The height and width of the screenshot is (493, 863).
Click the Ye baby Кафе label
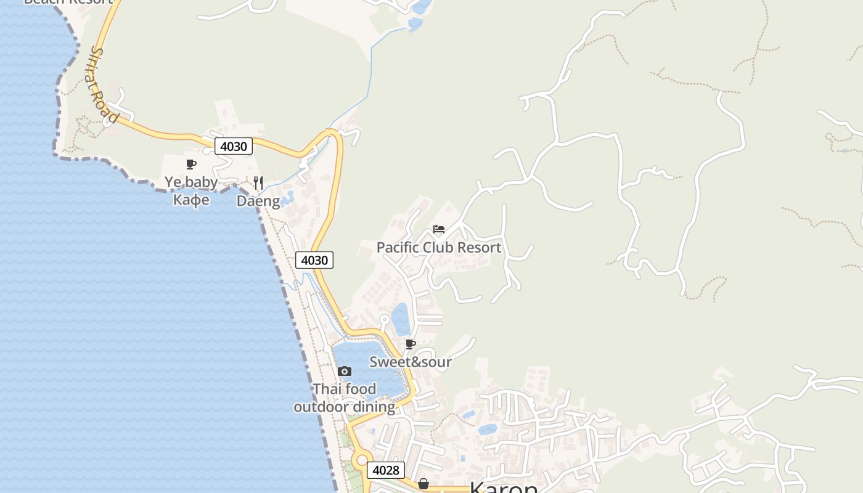(191, 191)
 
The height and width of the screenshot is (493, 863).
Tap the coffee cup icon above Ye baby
(191, 164)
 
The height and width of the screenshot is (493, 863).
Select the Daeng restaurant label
(258, 201)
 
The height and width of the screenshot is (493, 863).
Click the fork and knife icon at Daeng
(258, 182)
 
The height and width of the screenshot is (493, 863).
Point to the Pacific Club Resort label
(438, 247)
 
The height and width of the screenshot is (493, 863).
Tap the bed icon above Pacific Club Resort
(439, 229)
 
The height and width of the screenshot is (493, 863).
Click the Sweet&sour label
(411, 362)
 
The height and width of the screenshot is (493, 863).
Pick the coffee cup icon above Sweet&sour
(411, 344)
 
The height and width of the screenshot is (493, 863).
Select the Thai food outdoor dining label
(344, 398)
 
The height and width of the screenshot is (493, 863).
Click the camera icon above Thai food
(345, 371)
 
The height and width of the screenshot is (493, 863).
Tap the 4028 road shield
(386, 470)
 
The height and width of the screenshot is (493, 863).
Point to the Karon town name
(504, 487)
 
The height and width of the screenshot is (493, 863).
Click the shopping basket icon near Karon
(423, 484)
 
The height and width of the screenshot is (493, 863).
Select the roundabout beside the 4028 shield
(361, 459)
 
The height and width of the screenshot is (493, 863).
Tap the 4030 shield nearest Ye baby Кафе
(234, 146)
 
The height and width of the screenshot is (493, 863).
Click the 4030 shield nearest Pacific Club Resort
(314, 260)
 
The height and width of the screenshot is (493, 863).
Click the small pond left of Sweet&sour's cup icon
(401, 319)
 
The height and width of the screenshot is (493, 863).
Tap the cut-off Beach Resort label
(68, 2)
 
